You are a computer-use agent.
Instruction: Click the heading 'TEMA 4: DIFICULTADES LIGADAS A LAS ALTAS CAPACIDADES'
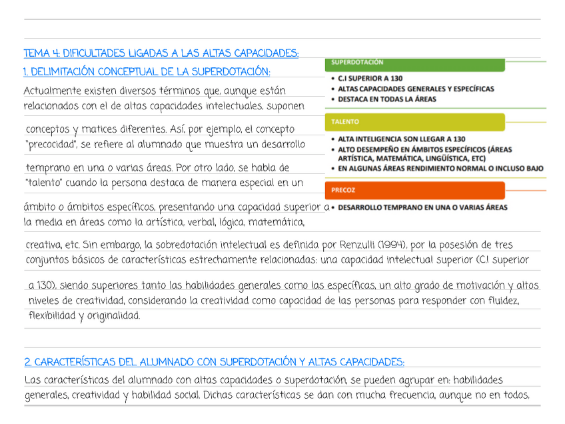coord(161,53)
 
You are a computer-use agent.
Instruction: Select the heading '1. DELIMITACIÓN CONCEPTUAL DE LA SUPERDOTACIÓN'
coord(147,71)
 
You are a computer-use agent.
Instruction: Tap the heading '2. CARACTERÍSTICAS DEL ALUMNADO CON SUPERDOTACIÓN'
coord(214,362)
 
